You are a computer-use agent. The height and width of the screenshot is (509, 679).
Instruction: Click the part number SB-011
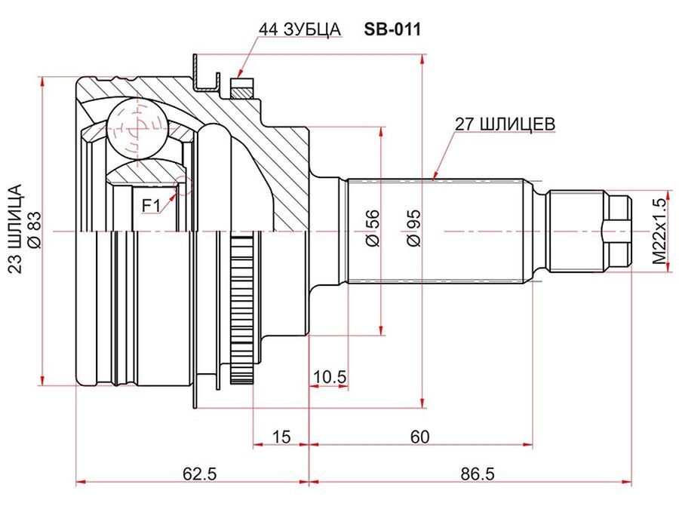tap(392, 29)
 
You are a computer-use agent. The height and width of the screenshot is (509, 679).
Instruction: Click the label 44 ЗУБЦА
tap(300, 29)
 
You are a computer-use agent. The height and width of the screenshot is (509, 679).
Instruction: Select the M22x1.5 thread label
tap(660, 226)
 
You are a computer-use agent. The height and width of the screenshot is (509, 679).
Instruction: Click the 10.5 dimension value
tap(330, 376)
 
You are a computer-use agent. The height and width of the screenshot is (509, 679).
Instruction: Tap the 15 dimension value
tap(281, 436)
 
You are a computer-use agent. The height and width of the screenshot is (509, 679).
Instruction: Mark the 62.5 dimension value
tap(200, 474)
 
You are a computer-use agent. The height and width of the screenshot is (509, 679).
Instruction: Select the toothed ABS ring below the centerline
tap(241, 302)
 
